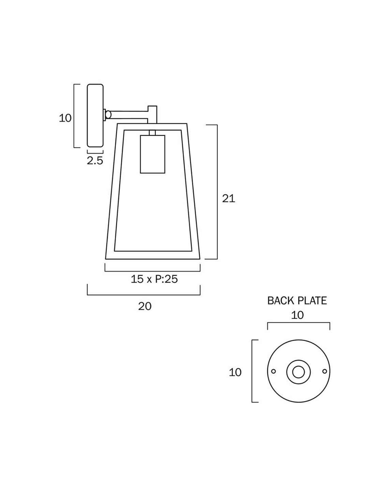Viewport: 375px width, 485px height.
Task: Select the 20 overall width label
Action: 145,306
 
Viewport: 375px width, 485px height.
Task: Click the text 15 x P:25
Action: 154,279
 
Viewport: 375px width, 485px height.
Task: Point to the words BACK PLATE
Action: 297,300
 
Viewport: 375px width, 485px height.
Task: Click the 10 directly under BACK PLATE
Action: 297,315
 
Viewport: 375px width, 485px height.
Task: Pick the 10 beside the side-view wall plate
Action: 65,118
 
